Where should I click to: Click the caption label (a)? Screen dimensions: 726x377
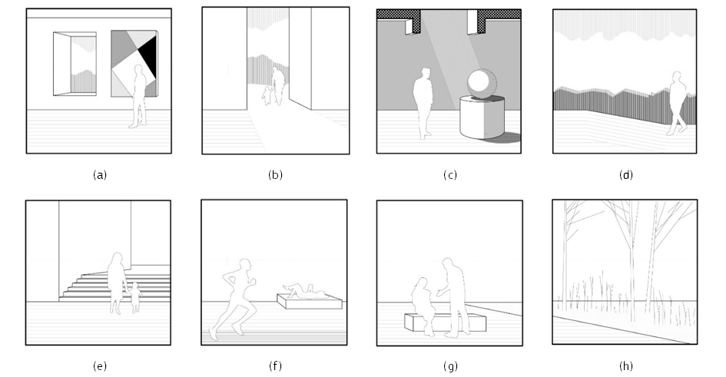(100, 175)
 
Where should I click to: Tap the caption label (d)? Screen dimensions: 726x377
(625, 175)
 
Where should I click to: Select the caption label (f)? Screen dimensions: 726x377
(275, 366)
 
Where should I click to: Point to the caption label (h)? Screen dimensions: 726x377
(625, 366)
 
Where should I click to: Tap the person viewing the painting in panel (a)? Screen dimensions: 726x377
(138, 96)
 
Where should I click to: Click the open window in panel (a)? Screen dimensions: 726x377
(75, 64)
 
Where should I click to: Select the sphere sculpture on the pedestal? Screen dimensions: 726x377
(482, 83)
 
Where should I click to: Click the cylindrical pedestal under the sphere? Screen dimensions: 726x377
(482, 117)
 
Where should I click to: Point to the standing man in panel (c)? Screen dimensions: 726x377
(423, 103)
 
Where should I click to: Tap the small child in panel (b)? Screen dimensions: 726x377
(267, 95)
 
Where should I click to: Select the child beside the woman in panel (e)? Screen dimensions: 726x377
(135, 297)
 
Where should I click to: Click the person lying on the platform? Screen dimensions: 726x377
(305, 291)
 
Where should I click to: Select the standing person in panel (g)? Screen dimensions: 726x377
(454, 297)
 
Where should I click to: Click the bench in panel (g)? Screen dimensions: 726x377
(446, 322)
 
